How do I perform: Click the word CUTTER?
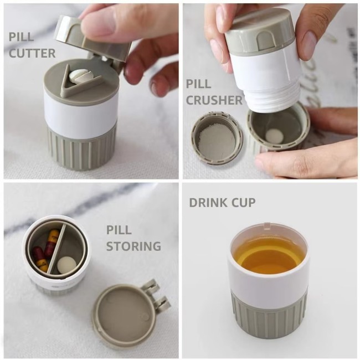pyautogui.click(x=32, y=54)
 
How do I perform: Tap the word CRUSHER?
pyautogui.click(x=214, y=100)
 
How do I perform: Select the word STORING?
pyautogui.click(x=133, y=246)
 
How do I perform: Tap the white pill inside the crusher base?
pyautogui.click(x=273, y=135)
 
